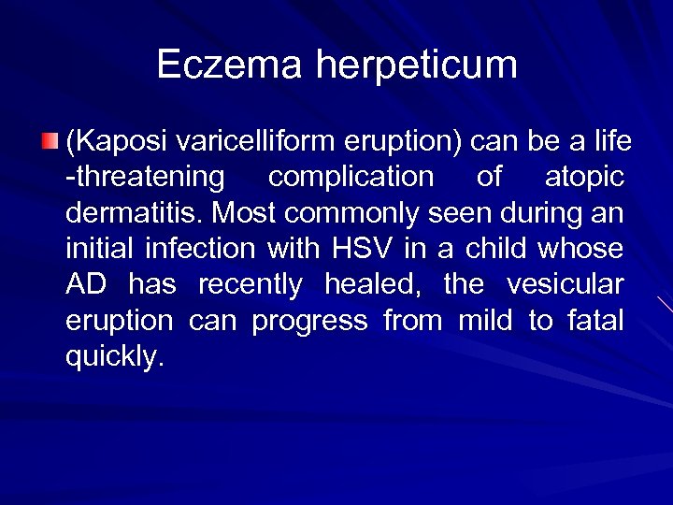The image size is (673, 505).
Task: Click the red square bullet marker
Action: [x=50, y=142]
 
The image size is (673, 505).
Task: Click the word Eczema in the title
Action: [x=229, y=65]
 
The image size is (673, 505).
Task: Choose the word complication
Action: [x=351, y=179]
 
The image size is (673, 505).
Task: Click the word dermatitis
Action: [x=132, y=214]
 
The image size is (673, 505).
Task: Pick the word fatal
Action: [x=595, y=321]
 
